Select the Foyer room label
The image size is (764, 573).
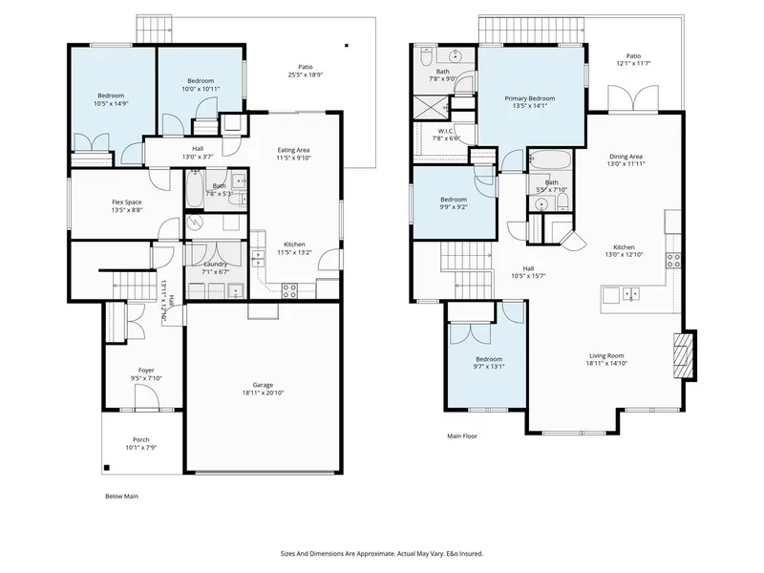(146, 370)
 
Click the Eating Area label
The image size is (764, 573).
(293, 149)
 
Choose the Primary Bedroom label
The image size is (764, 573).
(530, 98)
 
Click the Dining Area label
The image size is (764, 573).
(626, 157)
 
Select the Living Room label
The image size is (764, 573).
(607, 355)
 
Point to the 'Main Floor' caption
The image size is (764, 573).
(462, 435)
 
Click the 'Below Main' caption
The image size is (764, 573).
(121, 497)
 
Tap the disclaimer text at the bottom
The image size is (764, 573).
(381, 552)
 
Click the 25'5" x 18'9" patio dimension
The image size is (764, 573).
(305, 74)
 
